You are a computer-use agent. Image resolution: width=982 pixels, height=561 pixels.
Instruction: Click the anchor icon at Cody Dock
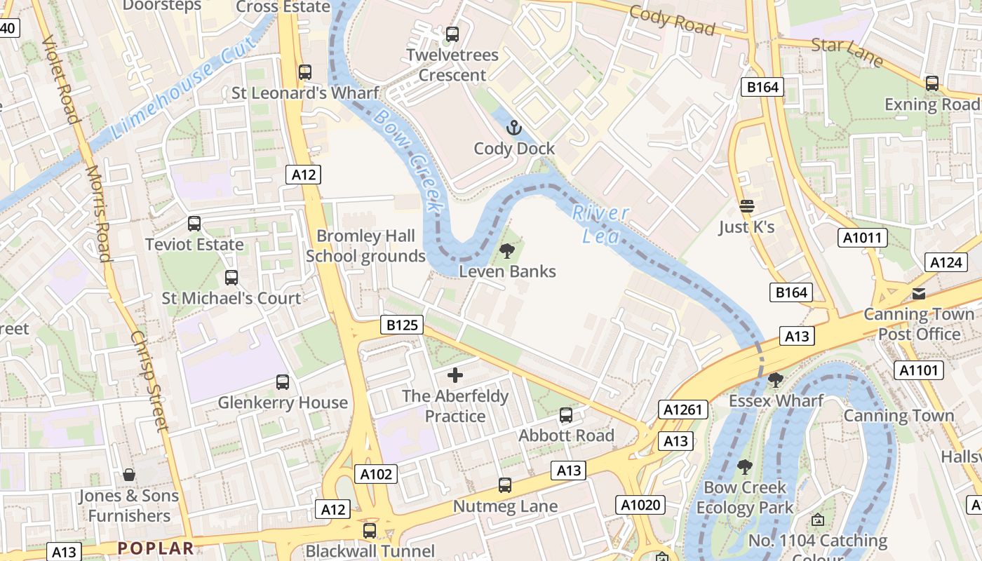pos(514,128)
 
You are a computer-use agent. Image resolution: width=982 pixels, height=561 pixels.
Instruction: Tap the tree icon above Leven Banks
pos(506,250)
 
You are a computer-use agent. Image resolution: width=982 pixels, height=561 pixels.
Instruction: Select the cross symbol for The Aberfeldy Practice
pos(455,375)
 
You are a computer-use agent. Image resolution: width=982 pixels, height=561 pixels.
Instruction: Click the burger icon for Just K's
pos(746,206)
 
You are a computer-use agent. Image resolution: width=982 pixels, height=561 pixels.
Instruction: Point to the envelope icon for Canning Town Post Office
pos(918,293)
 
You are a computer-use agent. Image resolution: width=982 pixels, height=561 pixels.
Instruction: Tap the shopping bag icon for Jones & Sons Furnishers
pos(129,475)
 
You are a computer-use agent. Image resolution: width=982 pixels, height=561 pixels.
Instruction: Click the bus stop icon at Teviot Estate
pos(194,224)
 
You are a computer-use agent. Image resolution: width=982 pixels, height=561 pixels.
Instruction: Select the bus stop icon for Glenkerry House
pos(283,382)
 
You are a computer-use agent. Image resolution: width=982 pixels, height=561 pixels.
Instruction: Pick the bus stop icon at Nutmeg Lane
pos(504,485)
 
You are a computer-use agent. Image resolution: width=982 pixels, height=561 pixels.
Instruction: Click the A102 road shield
pos(376,474)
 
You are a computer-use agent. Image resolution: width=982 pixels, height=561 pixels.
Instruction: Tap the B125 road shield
pos(402,325)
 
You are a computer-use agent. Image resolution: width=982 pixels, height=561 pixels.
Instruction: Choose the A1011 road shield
pos(862,238)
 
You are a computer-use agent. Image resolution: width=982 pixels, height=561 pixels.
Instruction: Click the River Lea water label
pos(600,224)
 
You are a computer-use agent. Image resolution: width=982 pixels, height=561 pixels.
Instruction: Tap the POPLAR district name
pos(155,548)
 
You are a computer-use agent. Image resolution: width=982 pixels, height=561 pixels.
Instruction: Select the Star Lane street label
pos(847,53)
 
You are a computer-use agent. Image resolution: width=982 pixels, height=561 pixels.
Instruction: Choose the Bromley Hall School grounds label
pos(365,246)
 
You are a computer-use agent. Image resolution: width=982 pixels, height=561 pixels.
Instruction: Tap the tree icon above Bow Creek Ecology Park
pos(744,466)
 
